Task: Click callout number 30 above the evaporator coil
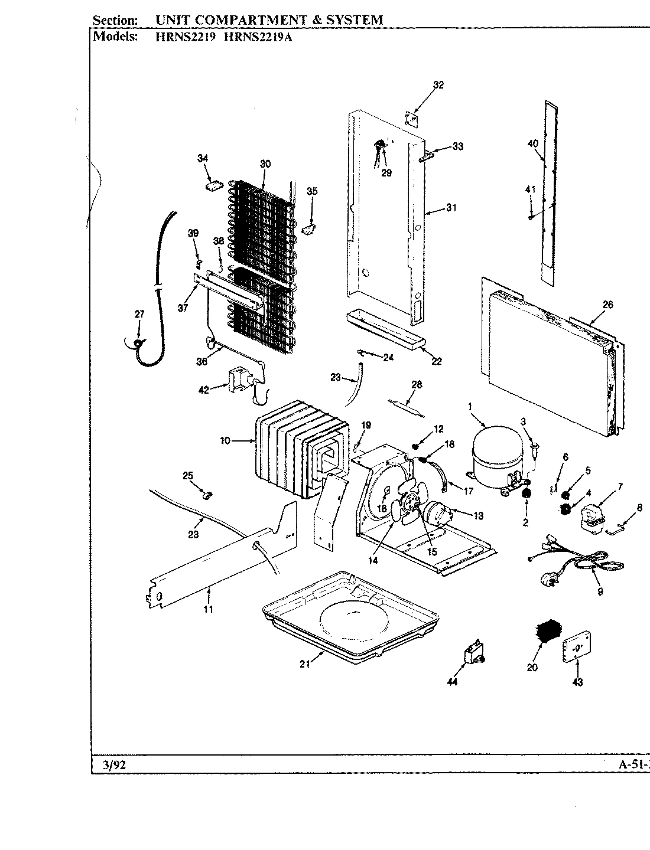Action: coord(265,164)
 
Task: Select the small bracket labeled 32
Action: coord(411,119)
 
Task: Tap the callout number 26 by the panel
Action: coord(607,305)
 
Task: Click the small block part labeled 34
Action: coord(213,185)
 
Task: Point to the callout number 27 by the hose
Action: coord(139,315)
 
